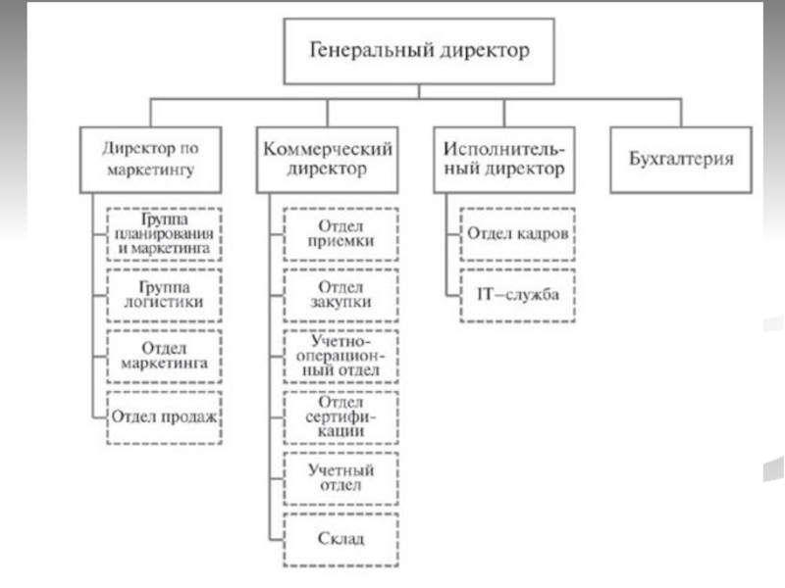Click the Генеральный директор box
[419, 51]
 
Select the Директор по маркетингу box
[151, 160]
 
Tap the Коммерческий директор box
[328, 160]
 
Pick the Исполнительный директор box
[504, 160]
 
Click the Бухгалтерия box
[681, 160]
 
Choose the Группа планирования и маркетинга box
[164, 234]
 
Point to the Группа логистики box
[164, 296]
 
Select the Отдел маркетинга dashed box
[164, 357]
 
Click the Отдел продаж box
[164, 417]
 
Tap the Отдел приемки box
[340, 234]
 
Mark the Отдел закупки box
[340, 296]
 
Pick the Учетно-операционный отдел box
[340, 357]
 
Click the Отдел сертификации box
[340, 417]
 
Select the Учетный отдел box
[340, 478]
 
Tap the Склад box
[340, 540]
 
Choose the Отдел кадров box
[518, 234]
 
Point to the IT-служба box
[518, 296]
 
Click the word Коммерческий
[328, 149]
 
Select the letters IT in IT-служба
[486, 294]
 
